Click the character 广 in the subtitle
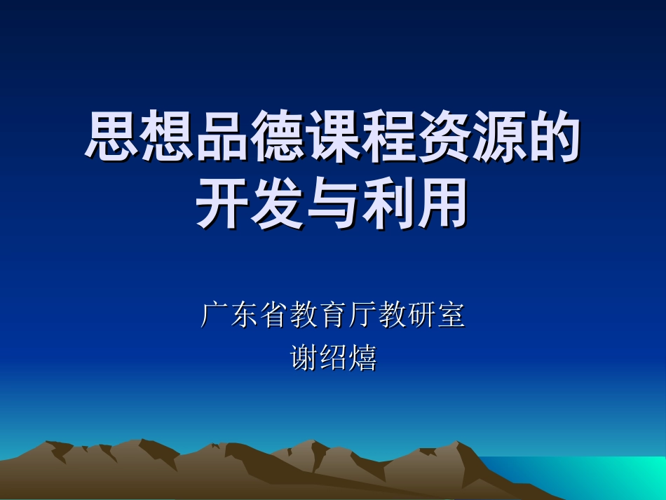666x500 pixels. (x=215, y=316)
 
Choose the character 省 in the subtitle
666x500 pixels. (x=273, y=316)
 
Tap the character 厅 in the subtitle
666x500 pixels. (x=362, y=316)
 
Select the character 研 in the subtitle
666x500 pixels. (x=422, y=316)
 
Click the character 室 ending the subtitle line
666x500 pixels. (x=451, y=316)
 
